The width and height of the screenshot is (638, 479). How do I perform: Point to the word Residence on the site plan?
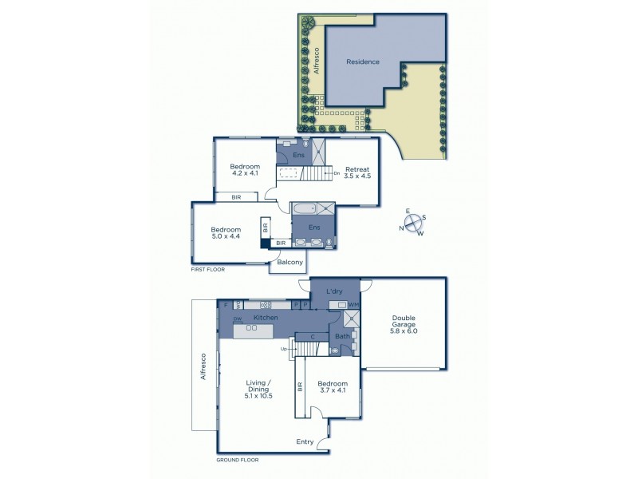click(x=363, y=62)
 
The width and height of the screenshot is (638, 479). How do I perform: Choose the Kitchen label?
click(x=265, y=318)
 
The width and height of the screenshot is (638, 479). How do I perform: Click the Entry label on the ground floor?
click(x=305, y=441)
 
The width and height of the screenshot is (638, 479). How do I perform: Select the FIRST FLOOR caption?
click(x=207, y=270)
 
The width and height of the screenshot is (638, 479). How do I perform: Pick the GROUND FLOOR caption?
click(x=237, y=461)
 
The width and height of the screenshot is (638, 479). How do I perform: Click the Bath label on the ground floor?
click(x=342, y=336)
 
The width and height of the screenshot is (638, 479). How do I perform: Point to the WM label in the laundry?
click(x=352, y=305)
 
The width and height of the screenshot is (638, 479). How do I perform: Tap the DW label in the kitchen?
click(x=237, y=320)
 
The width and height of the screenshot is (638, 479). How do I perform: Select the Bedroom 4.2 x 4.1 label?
click(x=245, y=169)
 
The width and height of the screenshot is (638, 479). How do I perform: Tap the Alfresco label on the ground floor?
click(x=204, y=366)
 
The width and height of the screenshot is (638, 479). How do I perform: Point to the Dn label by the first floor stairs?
click(x=337, y=172)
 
